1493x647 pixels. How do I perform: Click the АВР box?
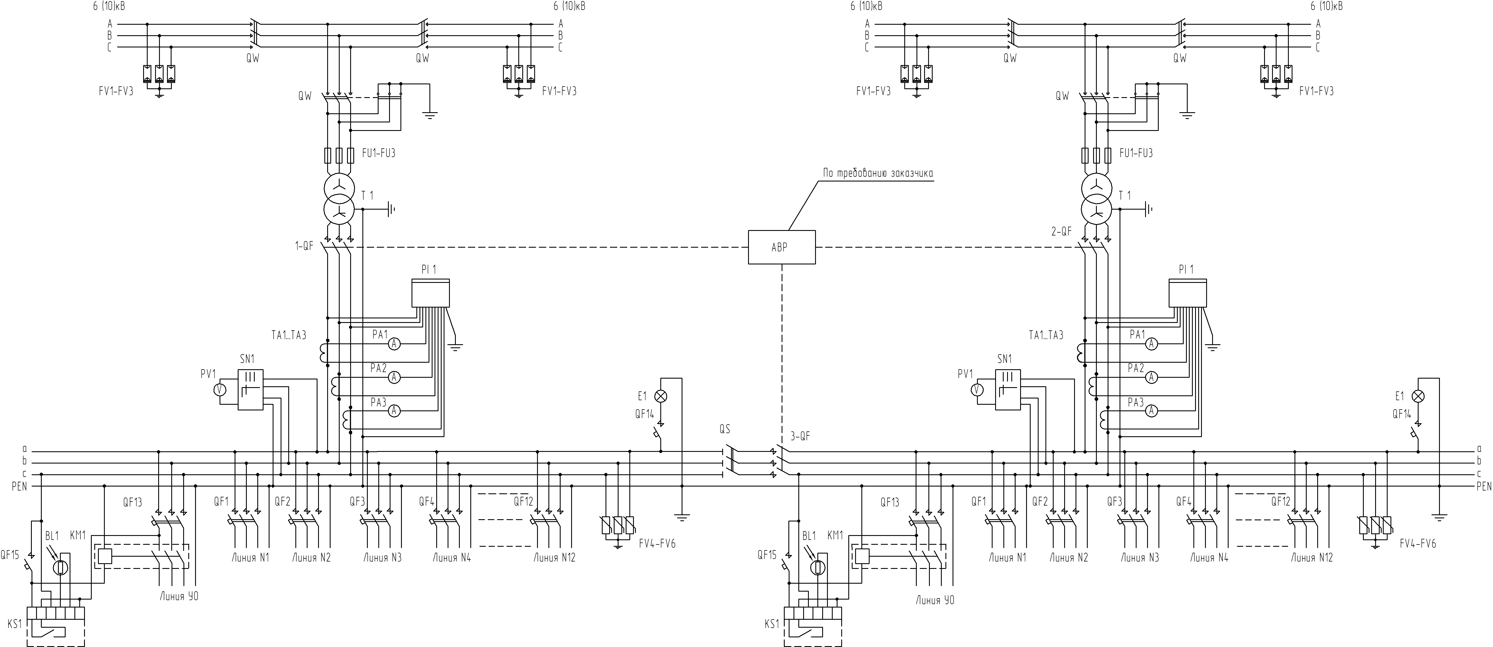781,248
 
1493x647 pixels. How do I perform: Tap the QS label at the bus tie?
724,430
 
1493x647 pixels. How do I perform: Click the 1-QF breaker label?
304,246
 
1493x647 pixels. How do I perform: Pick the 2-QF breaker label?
1061,231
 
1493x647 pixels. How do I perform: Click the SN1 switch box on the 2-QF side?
1008,390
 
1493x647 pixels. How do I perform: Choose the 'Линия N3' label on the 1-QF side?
383,558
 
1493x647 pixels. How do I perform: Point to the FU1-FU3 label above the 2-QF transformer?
1136,153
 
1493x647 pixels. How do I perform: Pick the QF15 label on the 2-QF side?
767,555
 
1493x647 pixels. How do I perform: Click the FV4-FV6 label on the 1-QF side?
657,544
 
